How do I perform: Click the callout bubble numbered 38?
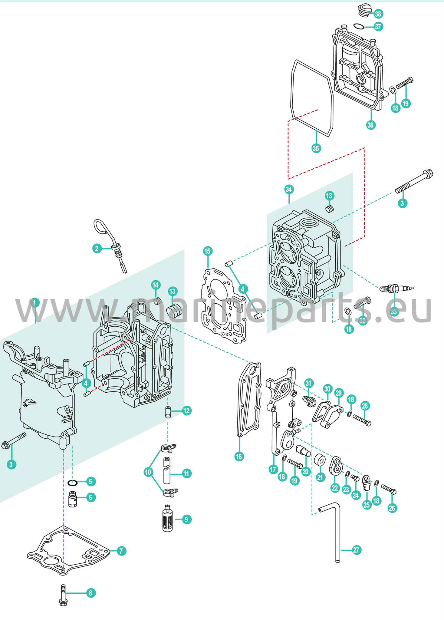[378, 14]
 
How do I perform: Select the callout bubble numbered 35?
[316, 148]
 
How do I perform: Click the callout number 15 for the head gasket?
[207, 251]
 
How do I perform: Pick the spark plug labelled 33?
[396, 288]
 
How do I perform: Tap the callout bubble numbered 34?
[289, 190]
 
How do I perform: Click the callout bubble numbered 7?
[121, 551]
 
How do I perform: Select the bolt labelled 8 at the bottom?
[63, 595]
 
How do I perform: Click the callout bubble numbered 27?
[356, 550]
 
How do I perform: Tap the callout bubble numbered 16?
[239, 457]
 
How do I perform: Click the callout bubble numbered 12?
[186, 411]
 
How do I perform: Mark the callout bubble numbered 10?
[148, 472]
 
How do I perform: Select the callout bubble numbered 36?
[371, 125]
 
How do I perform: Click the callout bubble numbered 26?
[392, 508]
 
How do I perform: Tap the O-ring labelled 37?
[359, 26]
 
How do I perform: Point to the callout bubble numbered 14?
[156, 285]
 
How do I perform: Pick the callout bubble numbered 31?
[308, 384]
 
